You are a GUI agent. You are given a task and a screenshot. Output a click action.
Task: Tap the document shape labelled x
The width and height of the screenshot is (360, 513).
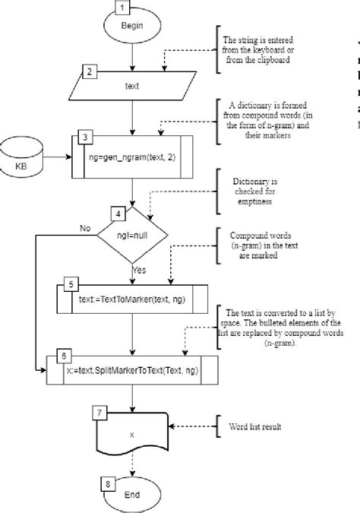[x=132, y=434]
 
